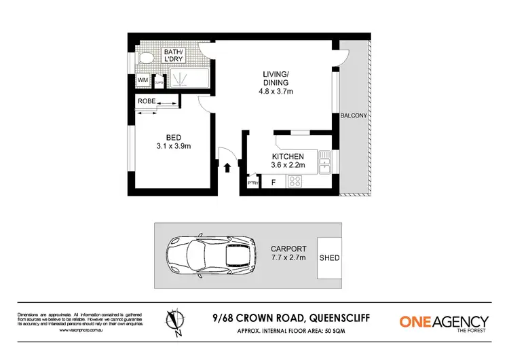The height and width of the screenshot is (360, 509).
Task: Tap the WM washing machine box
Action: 143,80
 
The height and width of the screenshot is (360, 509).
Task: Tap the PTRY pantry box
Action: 252,183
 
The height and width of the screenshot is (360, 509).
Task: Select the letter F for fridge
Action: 273,182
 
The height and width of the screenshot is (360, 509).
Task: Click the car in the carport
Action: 210,256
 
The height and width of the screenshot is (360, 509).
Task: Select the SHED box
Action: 329,258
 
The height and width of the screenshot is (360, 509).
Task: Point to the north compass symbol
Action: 174,321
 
